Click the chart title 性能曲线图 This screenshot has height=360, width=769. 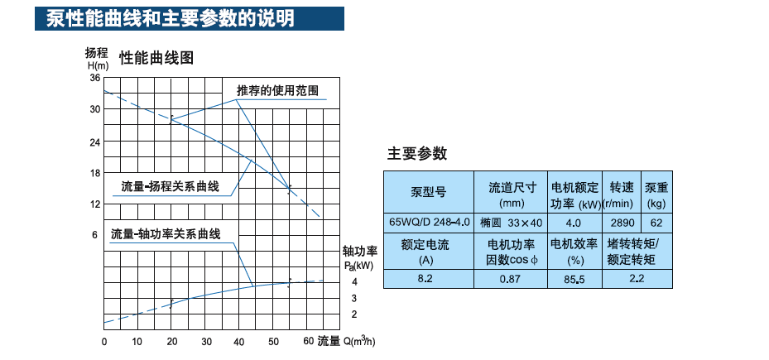coord(156,58)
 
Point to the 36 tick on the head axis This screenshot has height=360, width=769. coord(94,78)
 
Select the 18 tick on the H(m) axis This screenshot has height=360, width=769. coord(94,172)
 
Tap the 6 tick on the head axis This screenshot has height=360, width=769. coord(97,235)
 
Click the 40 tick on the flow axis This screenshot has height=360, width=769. coord(240,341)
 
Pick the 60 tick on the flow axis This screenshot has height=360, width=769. coord(307,341)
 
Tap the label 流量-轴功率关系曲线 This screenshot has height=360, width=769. coord(166,234)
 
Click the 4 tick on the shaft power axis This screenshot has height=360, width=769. coord(353,281)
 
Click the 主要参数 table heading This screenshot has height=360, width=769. coord(417,153)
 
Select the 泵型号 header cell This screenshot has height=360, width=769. coord(428,193)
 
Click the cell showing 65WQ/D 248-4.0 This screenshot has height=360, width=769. coord(429,223)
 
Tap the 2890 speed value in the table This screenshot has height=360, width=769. coord(622,223)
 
